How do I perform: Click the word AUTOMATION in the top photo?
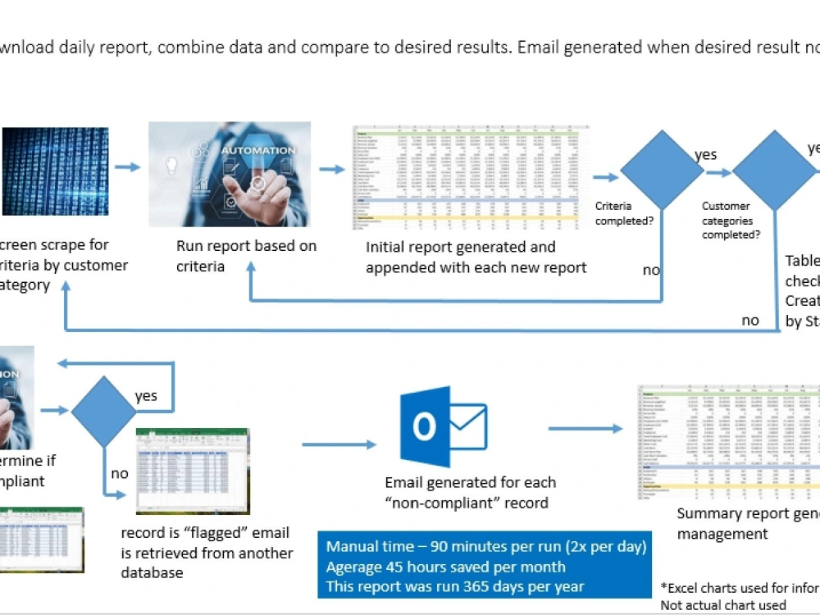coord(257,150)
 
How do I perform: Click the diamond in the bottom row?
coord(103,412)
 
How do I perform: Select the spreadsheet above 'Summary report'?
coord(728,443)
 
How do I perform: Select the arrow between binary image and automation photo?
coord(127,167)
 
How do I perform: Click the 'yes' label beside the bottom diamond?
coord(146,396)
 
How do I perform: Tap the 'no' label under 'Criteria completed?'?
coord(652,269)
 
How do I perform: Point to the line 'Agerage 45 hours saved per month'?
coord(445,566)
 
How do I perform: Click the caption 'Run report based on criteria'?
coord(246,256)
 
